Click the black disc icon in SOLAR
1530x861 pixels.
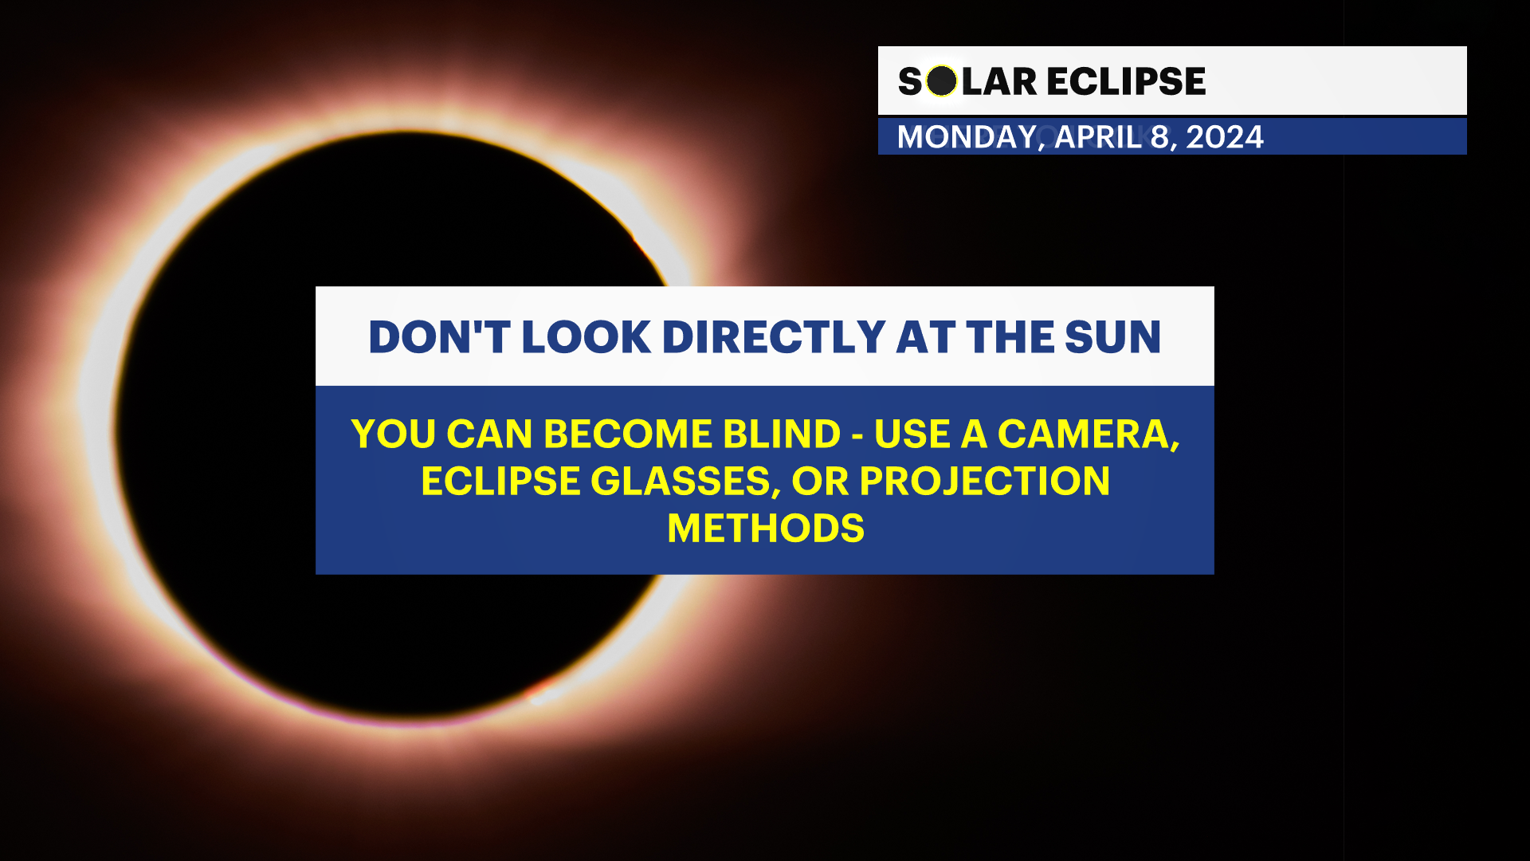(x=941, y=81)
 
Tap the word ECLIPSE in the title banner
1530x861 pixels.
(x=1125, y=81)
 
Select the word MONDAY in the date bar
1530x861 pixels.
(x=967, y=137)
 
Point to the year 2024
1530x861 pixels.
(x=1225, y=137)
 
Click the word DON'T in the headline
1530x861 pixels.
(x=438, y=337)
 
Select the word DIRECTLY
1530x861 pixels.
(x=774, y=337)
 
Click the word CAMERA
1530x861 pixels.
(x=1088, y=434)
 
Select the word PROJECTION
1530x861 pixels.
(x=985, y=482)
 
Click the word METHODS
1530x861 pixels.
(x=765, y=529)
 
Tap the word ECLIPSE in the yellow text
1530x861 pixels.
(x=500, y=482)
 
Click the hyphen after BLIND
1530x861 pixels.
(x=857, y=437)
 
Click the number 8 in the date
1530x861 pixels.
(x=1159, y=137)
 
